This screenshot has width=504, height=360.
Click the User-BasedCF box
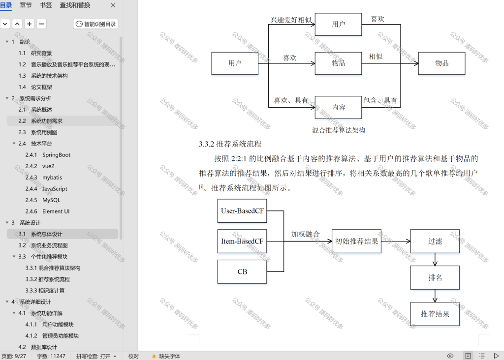pos(242,210)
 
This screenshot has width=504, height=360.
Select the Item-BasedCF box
pos(242,241)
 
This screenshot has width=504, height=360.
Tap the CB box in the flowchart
pos(242,271)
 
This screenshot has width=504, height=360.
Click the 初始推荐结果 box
pos(356,241)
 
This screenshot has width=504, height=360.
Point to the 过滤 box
pos(435,241)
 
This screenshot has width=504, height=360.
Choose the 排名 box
pos(435,277)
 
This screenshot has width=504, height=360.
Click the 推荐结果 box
pos(435,314)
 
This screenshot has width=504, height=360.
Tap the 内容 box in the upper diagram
pos(338,107)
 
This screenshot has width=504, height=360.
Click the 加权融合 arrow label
pos(305,234)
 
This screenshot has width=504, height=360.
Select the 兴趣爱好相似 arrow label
pos(291,20)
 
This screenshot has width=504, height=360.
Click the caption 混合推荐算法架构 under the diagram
pos(339,130)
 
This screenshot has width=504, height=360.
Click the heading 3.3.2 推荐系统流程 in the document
pos(230,144)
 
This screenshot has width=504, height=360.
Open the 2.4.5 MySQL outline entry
pos(43,200)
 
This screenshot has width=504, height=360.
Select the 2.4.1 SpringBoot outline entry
pos(48,155)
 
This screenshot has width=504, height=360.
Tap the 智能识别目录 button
pos(96,24)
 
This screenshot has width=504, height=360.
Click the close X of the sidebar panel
pos(113,5)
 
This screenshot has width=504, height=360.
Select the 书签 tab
pos(46,5)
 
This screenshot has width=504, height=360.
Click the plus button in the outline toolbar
pos(29,24)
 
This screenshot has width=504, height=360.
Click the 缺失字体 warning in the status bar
pos(166,356)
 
